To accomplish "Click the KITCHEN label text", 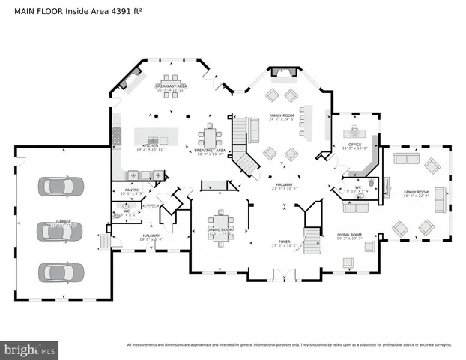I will pos(150,145).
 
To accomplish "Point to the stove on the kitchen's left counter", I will pos(117,136).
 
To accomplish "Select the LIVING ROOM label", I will pos(349,235).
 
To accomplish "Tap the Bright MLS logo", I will pos(29,349).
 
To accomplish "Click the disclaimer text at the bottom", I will pos(289,345).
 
